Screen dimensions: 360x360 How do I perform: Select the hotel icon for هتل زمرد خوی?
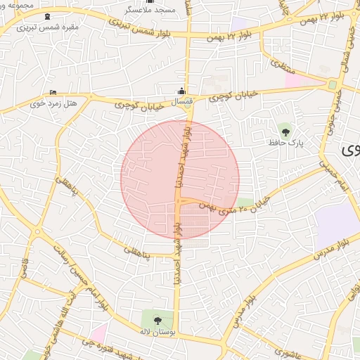53,93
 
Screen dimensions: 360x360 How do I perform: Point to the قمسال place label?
182,102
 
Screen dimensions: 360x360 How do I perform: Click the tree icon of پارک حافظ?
285,129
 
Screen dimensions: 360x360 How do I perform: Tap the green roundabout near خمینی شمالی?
331,84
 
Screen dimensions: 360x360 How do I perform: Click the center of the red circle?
180,179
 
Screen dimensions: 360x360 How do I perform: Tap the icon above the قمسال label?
182,91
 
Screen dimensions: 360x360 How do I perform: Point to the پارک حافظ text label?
285,142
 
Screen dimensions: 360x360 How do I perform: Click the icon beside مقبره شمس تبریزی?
46,15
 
